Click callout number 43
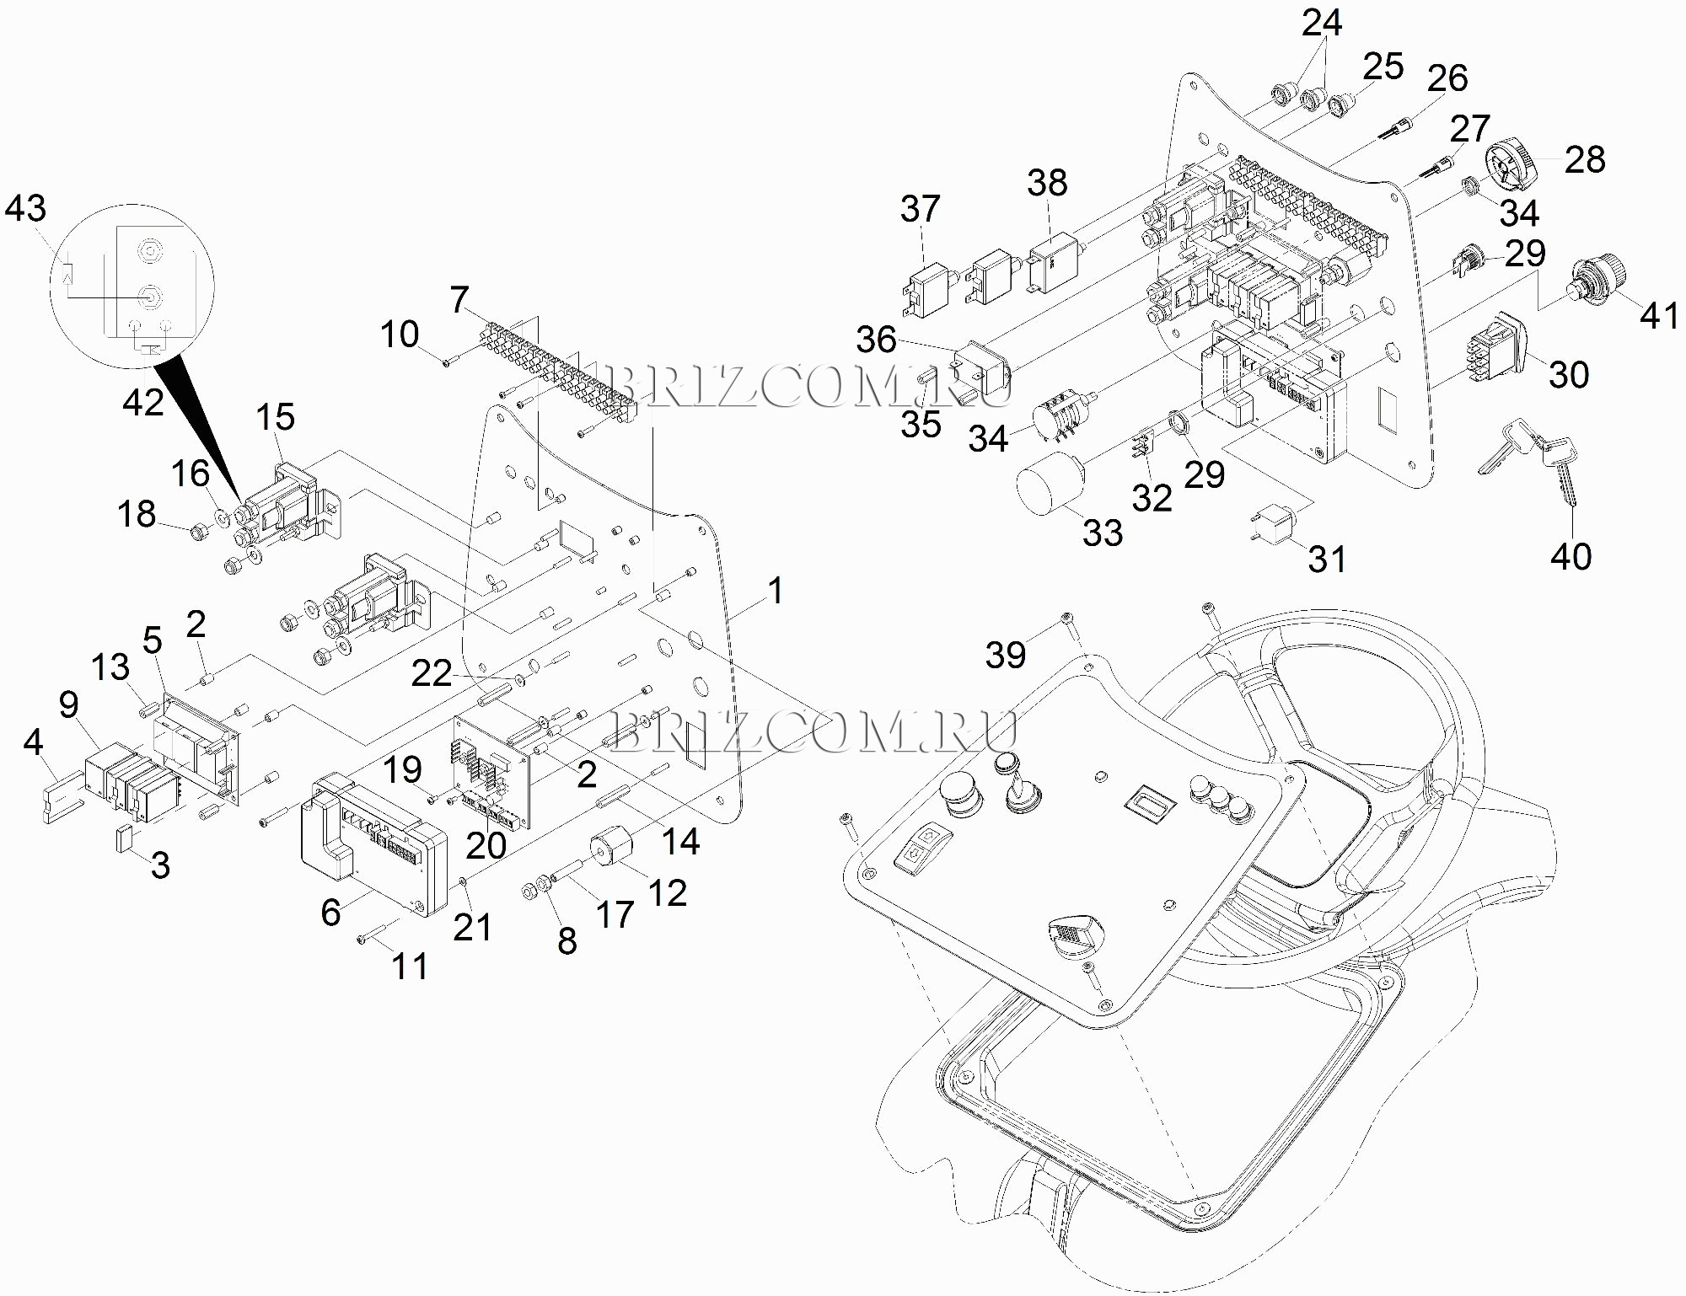pos(25,208)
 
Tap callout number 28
pos(1585,159)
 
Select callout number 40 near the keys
pos(1571,556)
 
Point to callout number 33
pos(1103,533)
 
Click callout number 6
pos(330,912)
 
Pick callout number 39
pos(1006,655)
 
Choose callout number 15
pos(275,416)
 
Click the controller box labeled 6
pos(373,844)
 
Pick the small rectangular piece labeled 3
pos(121,840)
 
